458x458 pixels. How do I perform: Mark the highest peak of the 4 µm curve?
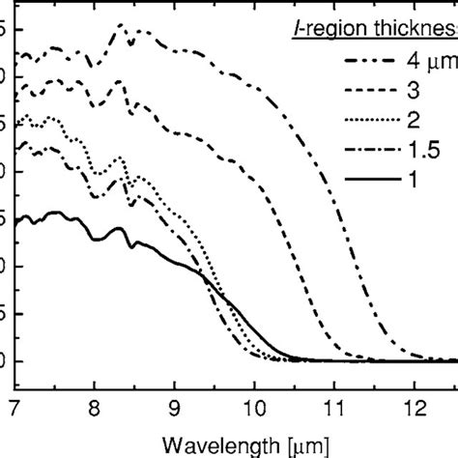click(x=120, y=24)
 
